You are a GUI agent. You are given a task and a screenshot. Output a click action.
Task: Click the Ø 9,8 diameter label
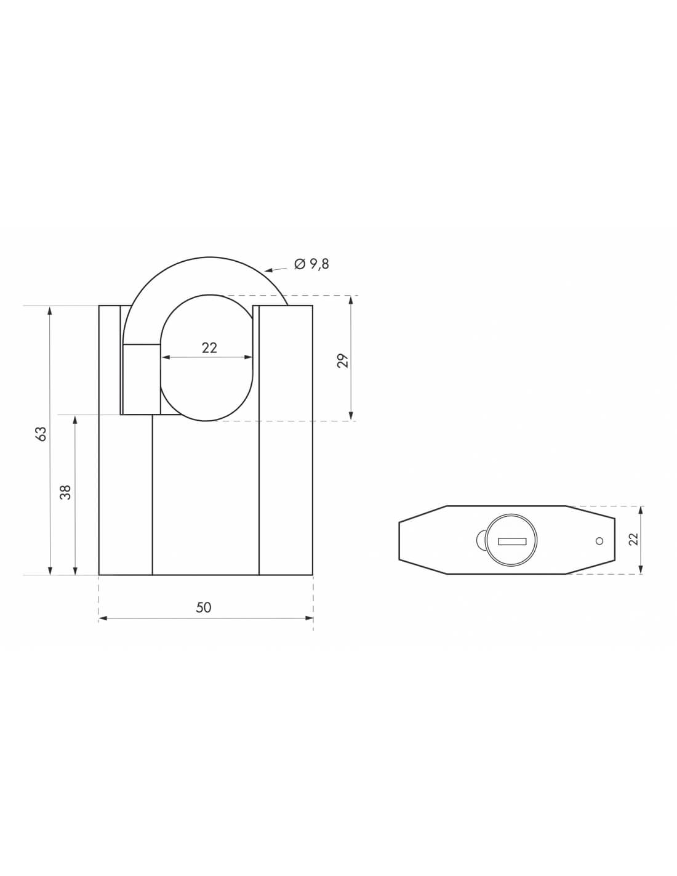(312, 264)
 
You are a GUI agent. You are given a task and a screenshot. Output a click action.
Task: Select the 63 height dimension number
(41, 434)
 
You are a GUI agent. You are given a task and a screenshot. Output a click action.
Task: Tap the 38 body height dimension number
(66, 492)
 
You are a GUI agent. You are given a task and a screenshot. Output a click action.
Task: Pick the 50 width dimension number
(204, 607)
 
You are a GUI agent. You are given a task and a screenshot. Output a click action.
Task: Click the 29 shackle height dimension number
(344, 360)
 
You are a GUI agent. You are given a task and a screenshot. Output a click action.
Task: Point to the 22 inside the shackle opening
(209, 348)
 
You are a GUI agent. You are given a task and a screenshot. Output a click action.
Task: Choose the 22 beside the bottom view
(634, 539)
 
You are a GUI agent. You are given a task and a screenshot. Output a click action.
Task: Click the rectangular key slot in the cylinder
(512, 541)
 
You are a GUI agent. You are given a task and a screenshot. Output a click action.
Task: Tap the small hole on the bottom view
(599, 541)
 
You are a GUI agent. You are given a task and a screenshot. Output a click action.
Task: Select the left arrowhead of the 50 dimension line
(102, 618)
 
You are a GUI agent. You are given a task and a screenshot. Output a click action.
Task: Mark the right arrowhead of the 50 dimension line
(309, 618)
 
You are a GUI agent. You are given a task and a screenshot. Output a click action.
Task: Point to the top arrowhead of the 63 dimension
(50, 310)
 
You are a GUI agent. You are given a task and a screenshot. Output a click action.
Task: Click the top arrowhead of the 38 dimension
(75, 420)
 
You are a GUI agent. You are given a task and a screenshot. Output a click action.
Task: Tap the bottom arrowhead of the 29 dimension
(351, 416)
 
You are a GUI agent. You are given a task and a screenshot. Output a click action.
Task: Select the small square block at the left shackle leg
(141, 379)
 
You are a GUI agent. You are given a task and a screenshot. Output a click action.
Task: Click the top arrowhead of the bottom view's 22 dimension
(641, 510)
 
